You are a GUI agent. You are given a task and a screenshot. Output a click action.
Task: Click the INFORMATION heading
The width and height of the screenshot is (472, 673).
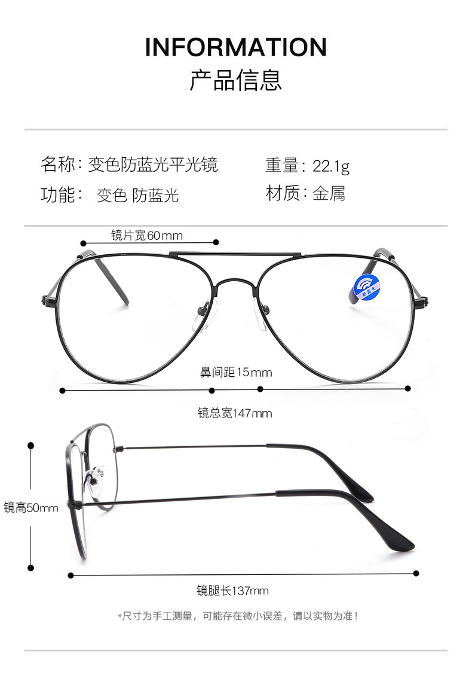click(x=236, y=47)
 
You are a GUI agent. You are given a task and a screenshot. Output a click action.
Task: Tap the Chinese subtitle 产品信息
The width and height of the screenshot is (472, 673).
click(x=236, y=80)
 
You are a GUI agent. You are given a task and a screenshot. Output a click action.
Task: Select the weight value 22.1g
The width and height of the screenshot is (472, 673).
click(x=331, y=166)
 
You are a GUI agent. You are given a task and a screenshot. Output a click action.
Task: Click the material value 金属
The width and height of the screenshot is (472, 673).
click(x=329, y=193)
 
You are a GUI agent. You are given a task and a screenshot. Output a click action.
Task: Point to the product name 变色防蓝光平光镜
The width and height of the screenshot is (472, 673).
click(x=153, y=164)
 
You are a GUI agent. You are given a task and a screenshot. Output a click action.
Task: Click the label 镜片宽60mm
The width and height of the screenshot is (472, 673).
click(x=147, y=235)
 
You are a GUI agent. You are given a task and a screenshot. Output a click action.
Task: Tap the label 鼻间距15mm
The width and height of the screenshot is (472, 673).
click(x=236, y=373)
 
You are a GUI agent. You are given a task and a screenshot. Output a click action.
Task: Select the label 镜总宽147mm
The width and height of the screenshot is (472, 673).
click(x=235, y=413)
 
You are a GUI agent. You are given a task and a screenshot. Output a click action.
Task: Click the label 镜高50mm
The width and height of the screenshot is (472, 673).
click(x=31, y=508)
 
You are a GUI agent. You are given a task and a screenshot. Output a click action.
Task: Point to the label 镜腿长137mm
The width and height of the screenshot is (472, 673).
click(x=232, y=591)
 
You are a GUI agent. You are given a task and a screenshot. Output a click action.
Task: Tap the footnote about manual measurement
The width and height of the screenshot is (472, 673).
click(x=238, y=616)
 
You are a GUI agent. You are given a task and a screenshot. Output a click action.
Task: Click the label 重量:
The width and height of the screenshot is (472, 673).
click(x=286, y=165)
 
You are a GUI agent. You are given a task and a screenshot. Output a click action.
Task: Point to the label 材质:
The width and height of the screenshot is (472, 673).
click(x=286, y=193)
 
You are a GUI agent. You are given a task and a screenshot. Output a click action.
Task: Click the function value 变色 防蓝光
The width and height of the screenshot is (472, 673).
click(x=138, y=195)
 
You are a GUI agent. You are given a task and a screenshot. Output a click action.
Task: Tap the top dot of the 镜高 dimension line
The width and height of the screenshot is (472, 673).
click(x=31, y=446)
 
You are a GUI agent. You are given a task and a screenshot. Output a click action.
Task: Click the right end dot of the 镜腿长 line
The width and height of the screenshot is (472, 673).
click(x=416, y=573)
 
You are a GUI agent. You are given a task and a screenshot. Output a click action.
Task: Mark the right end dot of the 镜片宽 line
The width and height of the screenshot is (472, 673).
click(x=217, y=242)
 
